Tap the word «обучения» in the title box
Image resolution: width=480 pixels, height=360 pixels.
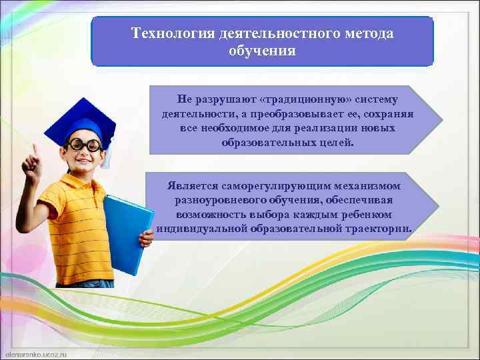point(261,51)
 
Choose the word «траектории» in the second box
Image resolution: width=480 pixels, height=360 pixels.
point(379,229)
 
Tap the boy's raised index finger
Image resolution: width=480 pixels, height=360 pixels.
point(33,151)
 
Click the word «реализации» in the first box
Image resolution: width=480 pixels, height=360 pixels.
point(323,128)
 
